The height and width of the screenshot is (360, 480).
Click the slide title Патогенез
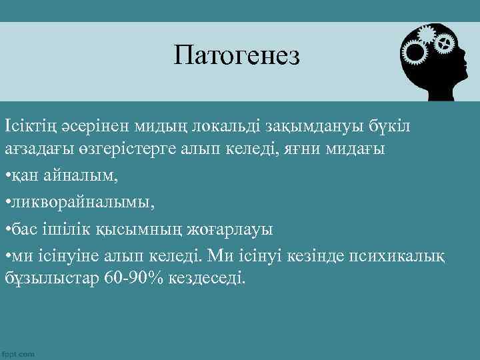pyautogui.click(x=237, y=55)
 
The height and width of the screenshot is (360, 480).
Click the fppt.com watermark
pyautogui.click(x=19, y=354)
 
